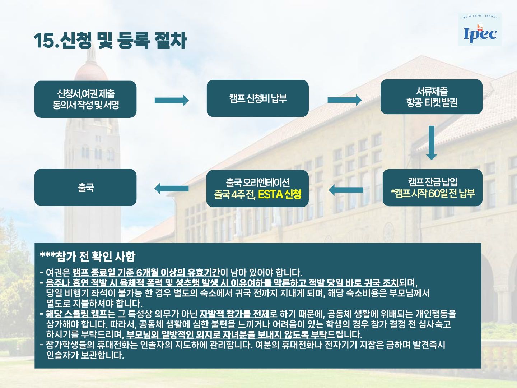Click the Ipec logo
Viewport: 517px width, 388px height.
click(480, 29)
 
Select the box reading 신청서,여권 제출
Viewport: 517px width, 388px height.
click(85, 99)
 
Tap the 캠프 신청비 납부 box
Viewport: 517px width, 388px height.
click(258, 98)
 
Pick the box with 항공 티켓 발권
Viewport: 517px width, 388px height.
click(432, 97)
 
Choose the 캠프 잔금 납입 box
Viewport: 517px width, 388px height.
click(432, 188)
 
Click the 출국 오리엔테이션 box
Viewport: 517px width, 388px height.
click(257, 189)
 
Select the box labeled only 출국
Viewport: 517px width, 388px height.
click(85, 188)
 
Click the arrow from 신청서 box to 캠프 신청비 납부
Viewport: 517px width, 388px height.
click(172, 100)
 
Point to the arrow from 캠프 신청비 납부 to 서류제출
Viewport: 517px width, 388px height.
click(345, 100)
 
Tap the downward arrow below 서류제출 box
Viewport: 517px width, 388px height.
click(432, 143)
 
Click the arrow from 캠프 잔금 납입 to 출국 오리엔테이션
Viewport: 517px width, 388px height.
click(346, 190)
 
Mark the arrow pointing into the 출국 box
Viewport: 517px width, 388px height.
click(172, 189)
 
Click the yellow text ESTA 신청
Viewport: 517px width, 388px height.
click(280, 195)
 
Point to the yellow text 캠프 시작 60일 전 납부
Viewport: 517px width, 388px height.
click(433, 194)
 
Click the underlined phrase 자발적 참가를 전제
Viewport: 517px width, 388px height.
click(234, 314)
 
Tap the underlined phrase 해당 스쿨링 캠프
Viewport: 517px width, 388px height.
click(76, 314)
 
